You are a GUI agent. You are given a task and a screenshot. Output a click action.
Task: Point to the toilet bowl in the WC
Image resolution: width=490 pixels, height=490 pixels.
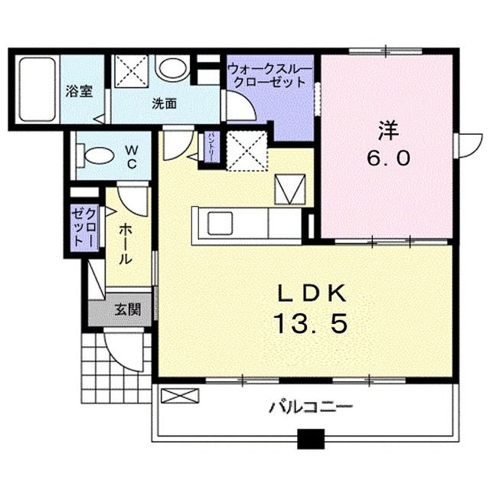click(97, 155)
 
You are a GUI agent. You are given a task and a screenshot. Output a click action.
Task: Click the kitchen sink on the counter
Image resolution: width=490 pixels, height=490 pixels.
click(220, 224)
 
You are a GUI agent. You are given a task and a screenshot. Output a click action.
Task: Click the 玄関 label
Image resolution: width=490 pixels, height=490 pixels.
click(127, 310)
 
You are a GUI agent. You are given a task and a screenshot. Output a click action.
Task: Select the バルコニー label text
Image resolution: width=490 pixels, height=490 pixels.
click(310, 406)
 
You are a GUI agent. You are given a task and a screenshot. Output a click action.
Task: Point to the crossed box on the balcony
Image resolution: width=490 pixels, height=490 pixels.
click(180, 397)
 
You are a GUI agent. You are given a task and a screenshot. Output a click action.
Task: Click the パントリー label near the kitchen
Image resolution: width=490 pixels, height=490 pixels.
click(211, 148)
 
